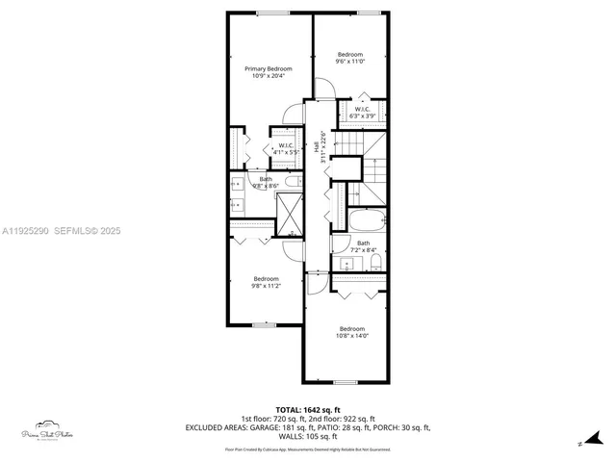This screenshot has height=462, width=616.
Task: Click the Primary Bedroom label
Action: pos(268,69)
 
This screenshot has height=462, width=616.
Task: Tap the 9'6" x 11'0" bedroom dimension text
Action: pos(349,62)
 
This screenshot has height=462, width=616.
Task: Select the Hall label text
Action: pos(315,143)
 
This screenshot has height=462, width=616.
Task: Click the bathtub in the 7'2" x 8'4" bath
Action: pos(363,220)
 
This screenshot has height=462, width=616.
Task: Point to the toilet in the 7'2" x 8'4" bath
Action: pos(375,261)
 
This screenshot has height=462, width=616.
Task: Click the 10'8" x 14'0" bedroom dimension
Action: pos(352,336)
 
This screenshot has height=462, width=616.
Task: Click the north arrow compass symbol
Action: pos(577,442)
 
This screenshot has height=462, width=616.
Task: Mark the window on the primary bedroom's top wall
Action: pos(270,13)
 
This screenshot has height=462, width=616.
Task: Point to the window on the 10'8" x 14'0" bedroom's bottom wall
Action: pos(345,383)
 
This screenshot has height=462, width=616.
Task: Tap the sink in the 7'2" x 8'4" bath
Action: pos(346,262)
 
